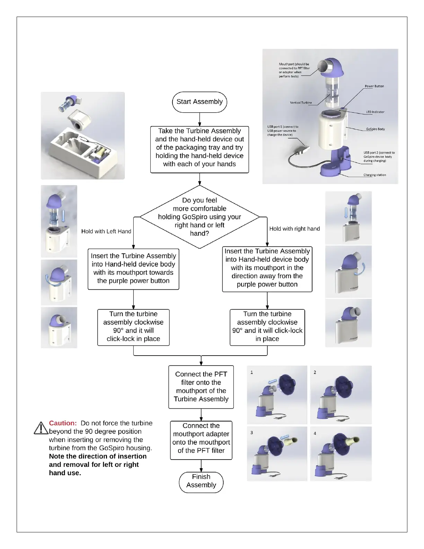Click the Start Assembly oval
tap(200, 102)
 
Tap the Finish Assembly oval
tap(201, 481)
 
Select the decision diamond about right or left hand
tap(200, 217)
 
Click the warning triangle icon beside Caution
tap(41, 428)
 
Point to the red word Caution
tap(63, 423)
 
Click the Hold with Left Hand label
tap(106, 232)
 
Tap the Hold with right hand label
tap(294, 229)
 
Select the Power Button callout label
tap(374, 86)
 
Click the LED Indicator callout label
tap(375, 112)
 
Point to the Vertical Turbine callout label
tap(301, 103)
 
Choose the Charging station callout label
tap(374, 175)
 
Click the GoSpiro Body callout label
tap(375, 129)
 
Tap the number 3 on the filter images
tap(251, 433)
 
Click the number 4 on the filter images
tap(315, 433)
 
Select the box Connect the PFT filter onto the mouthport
tap(201, 387)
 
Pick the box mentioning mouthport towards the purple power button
tap(133, 269)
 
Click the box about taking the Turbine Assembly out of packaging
tap(200, 149)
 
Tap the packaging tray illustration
tap(83, 136)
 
